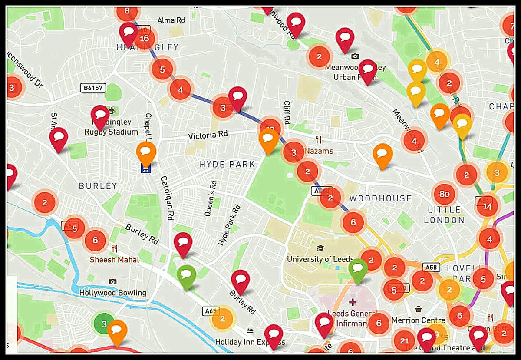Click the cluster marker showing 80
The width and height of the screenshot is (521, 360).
click(444, 194)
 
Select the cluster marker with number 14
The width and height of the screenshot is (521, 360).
click(487, 206)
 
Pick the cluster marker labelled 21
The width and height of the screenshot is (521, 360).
click(404, 341)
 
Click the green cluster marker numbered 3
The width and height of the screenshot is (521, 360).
click(104, 324)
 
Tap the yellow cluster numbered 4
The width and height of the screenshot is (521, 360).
click(437, 62)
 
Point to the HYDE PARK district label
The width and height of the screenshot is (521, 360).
click(227, 164)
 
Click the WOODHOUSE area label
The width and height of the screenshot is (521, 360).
click(380, 198)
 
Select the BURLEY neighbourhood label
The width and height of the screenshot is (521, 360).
click(98, 186)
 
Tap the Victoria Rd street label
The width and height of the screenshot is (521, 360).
click(208, 135)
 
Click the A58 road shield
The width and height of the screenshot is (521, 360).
click(430, 268)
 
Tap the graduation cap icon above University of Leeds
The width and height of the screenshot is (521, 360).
click(320, 249)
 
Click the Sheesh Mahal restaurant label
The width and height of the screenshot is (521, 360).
click(114, 260)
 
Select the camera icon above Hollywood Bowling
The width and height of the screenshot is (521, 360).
click(112, 282)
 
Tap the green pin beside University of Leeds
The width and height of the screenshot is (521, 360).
click(358, 270)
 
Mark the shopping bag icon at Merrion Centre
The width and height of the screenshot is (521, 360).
click(419, 309)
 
